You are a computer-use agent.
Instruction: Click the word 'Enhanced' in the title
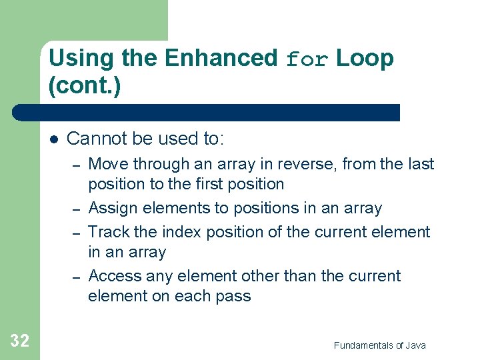pyautogui.click(x=221, y=59)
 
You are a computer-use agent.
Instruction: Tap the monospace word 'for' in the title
pyautogui.click(x=307, y=60)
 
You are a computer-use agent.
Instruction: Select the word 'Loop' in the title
pyautogui.click(x=365, y=59)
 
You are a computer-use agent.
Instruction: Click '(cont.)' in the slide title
pyautogui.click(x=85, y=87)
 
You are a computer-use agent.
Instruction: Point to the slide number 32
pyautogui.click(x=19, y=341)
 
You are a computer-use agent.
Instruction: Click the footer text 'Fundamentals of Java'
pyautogui.click(x=379, y=345)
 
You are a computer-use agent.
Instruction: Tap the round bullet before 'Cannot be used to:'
pyautogui.click(x=54, y=139)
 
